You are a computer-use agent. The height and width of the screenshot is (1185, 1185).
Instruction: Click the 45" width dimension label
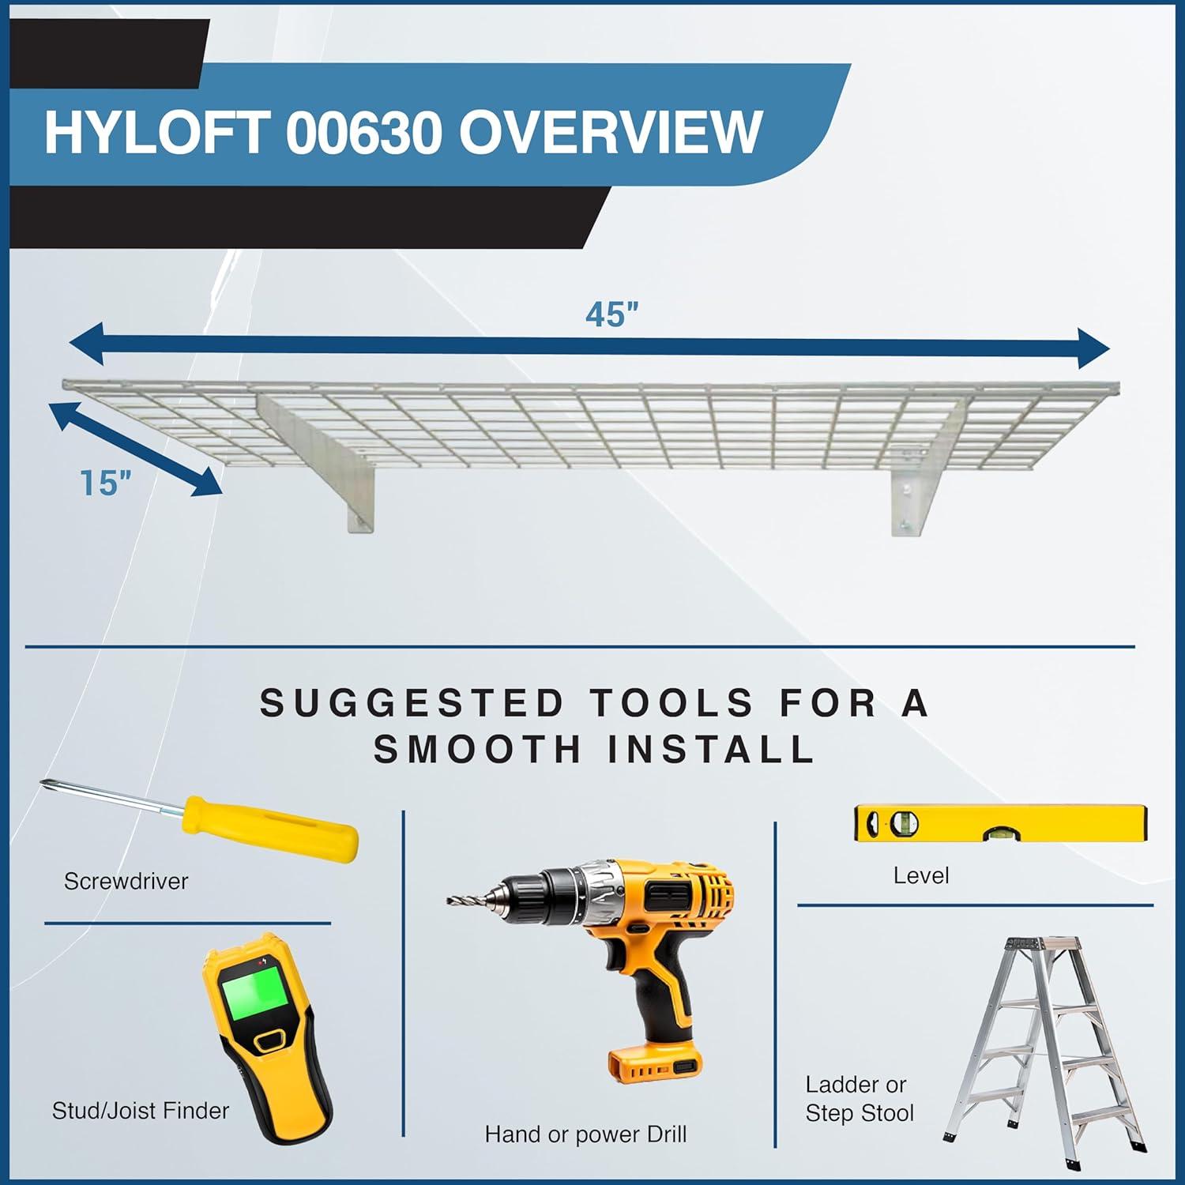(611, 315)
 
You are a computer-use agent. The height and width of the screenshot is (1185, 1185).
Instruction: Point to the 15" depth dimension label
(105, 483)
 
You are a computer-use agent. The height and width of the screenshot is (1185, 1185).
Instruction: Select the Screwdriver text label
(126, 881)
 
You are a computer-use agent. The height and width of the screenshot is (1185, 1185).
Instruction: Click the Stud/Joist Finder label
(141, 1111)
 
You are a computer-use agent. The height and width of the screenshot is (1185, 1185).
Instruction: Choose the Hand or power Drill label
(585, 1134)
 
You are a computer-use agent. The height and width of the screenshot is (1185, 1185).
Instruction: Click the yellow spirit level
(1000, 824)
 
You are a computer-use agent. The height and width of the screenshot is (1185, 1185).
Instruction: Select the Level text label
(921, 875)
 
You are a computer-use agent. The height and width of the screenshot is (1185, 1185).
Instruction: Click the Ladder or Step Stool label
(859, 1099)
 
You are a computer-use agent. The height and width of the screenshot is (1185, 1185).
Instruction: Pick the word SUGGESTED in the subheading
(412, 703)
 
